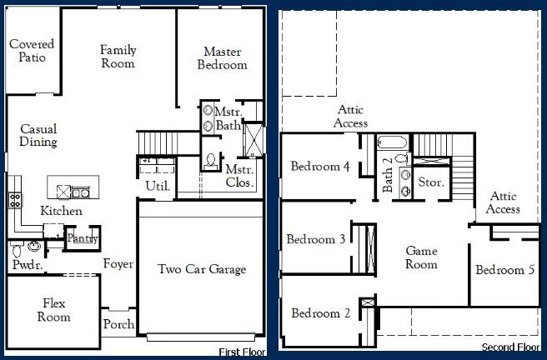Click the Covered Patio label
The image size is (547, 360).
pyautogui.click(x=33, y=51)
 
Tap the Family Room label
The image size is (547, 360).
pyautogui.click(x=118, y=57)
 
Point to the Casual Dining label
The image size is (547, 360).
pyautogui.click(x=38, y=136)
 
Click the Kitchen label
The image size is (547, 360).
pyautogui.click(x=61, y=212)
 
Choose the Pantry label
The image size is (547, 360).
pyautogui.click(x=83, y=239)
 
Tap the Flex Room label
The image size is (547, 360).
pyautogui.click(x=53, y=311)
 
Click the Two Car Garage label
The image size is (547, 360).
pyautogui.click(x=202, y=269)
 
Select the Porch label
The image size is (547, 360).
pyautogui.click(x=118, y=324)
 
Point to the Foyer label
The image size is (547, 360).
pyautogui.click(x=118, y=264)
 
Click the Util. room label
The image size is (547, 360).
pyautogui.click(x=158, y=186)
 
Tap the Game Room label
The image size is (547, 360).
pyautogui.click(x=421, y=257)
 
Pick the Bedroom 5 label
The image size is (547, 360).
pyautogui.click(x=505, y=270)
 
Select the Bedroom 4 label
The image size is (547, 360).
pyautogui.click(x=320, y=167)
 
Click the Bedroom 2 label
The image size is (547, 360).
pyautogui.click(x=320, y=314)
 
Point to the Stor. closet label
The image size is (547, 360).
pyautogui.click(x=430, y=182)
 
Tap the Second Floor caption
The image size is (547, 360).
pyautogui.click(x=510, y=347)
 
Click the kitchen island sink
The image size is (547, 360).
pyautogui.click(x=80, y=192)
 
